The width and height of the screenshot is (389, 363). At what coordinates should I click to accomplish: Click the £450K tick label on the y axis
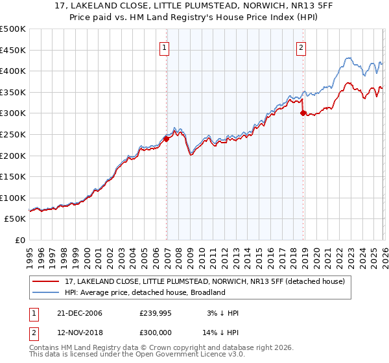pyautogui.click(x=12, y=50)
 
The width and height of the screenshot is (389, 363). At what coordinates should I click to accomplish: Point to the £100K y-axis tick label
pyautogui.click(x=12, y=198)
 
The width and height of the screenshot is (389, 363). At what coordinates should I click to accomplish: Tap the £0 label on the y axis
pyautogui.click(x=19, y=240)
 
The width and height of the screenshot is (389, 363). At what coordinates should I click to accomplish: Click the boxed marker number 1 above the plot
pyautogui.click(x=165, y=47)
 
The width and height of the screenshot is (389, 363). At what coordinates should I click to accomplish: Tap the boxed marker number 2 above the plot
pyautogui.click(x=301, y=47)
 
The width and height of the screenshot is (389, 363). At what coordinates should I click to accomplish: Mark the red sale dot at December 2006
pyautogui.click(x=167, y=138)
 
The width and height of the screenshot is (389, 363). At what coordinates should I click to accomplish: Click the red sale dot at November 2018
pyautogui.click(x=303, y=113)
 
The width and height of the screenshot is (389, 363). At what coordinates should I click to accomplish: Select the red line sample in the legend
pyautogui.click(x=47, y=281)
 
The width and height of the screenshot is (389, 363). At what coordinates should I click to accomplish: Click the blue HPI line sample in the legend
pyautogui.click(x=47, y=292)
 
